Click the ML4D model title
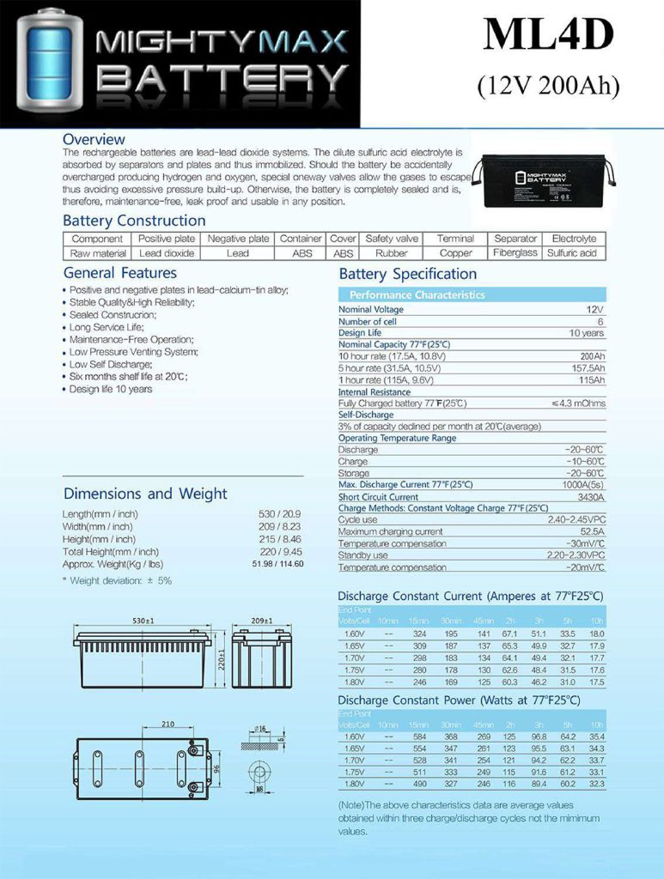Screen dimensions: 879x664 [548, 36]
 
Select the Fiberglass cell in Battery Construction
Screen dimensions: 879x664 [515, 253]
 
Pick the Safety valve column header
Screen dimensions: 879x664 [392, 239]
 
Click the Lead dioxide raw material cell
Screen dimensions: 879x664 [168, 253]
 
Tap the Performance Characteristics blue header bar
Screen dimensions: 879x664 [471, 294]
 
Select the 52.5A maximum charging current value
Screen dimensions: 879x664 [588, 532]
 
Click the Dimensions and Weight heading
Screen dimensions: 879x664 [145, 494]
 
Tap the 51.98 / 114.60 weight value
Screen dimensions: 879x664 [277, 564]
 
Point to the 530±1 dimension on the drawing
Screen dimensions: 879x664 [142, 620]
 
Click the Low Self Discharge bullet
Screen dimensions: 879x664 [113, 364]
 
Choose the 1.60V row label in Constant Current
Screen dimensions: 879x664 [353, 633]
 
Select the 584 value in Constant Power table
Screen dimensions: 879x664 [420, 737]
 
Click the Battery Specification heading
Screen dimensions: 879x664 [408, 275]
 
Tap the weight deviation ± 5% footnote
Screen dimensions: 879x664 [117, 581]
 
